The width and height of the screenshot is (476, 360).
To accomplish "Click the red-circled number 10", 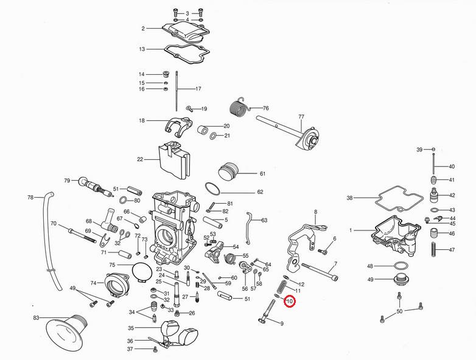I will (289, 301).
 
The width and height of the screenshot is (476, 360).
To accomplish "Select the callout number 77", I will (301, 116).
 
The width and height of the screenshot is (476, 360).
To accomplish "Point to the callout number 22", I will (140, 159).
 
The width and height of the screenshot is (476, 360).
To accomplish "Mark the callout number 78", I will (30, 198).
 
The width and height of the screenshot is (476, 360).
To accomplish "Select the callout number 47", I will (452, 250).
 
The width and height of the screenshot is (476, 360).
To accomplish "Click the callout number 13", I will (142, 49).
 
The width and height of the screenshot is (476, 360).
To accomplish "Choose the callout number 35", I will (130, 328).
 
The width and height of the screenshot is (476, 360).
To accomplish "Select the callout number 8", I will (316, 212).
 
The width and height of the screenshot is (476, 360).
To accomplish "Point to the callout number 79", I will (67, 180).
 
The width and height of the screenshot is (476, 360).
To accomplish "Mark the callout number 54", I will (236, 247).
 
